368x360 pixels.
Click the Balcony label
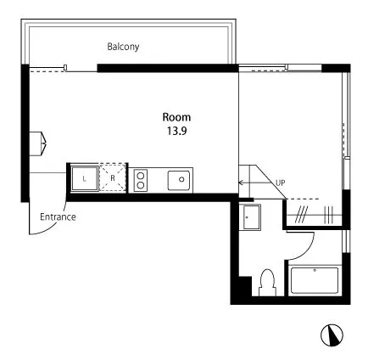point(123,47)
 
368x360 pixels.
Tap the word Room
point(176,117)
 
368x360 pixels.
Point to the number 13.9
point(176,131)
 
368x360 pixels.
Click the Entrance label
point(58,217)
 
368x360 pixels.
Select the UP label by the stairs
point(281,183)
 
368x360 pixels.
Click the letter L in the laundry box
point(84,179)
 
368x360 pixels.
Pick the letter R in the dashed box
point(113,178)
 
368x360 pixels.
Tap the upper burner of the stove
point(141,176)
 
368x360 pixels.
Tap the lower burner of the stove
point(141,185)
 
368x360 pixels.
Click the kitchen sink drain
point(181,179)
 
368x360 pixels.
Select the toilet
point(267,282)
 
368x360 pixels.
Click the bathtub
point(315,280)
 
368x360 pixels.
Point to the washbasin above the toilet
point(252,217)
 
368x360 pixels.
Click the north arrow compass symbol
point(332,335)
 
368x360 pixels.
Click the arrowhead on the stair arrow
point(241,183)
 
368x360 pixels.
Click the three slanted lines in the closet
point(301,215)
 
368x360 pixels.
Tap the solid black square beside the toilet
point(245,286)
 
